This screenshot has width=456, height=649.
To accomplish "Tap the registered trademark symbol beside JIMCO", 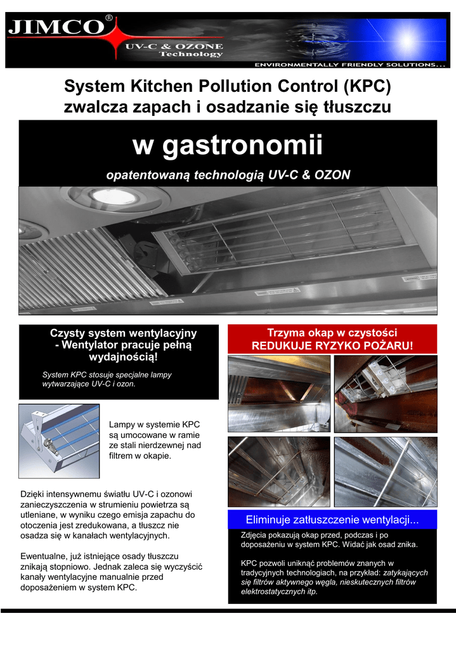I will pos(110,19).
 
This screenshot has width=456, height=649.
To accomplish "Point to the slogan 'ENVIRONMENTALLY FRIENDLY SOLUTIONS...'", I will pos(349,65).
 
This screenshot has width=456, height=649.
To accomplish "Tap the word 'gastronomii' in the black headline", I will pos(244,146).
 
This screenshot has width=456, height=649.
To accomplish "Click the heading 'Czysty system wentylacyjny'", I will pos(123,333).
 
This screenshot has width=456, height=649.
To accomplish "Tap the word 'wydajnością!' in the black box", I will pos(124,359).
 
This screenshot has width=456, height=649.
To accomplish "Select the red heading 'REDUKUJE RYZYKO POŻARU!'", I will pos(332,346).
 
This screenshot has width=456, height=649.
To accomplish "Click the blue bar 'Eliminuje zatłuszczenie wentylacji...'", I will pos(332,520).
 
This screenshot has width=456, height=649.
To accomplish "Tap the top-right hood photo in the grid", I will pos(386,392).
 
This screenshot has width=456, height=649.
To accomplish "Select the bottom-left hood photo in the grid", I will pos(279,471).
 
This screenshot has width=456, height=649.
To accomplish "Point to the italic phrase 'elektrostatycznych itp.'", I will pos(280,593).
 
